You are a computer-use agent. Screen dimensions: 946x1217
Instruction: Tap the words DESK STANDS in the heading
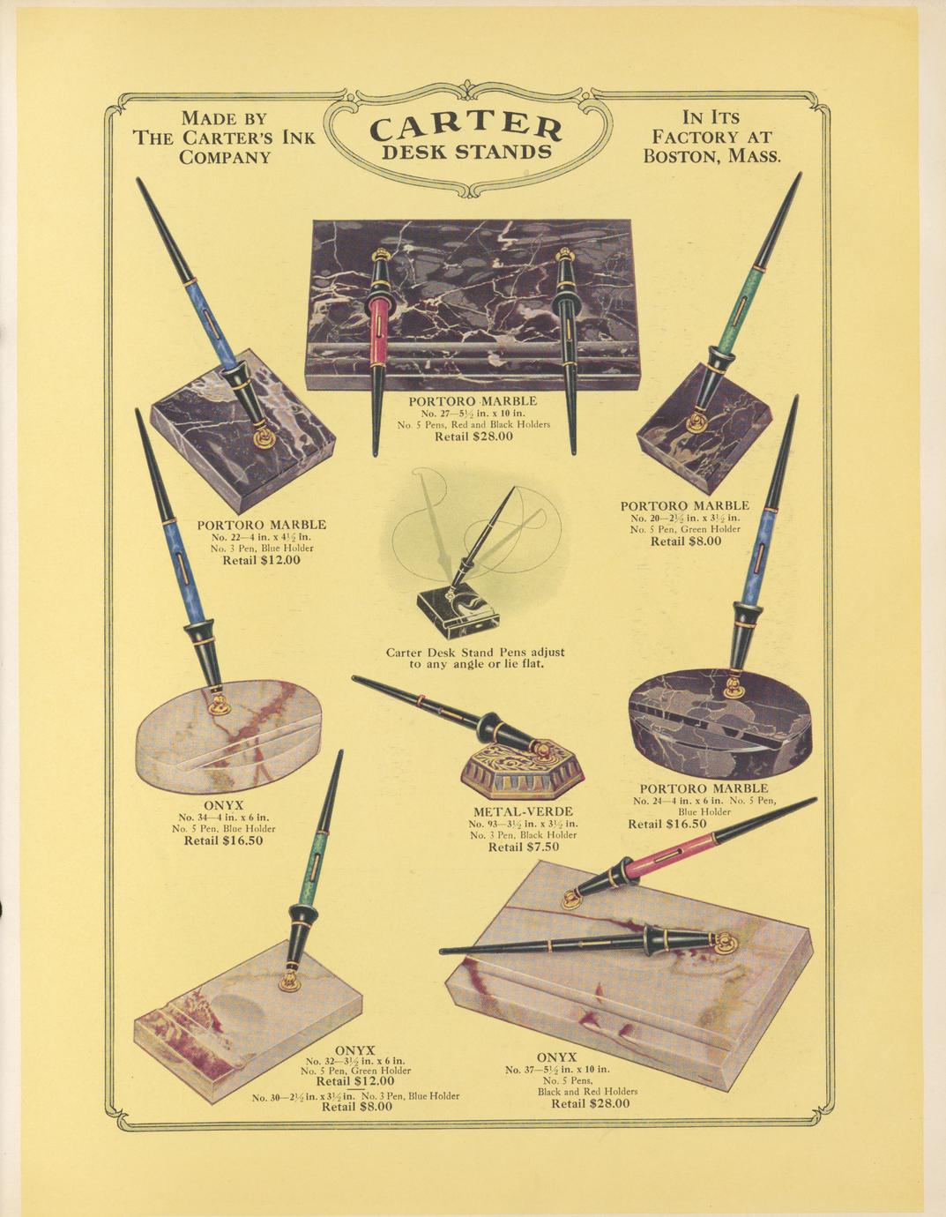click(466, 153)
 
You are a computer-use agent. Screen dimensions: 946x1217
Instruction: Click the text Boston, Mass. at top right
click(711, 156)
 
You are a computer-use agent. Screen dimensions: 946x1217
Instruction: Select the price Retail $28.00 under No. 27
click(474, 437)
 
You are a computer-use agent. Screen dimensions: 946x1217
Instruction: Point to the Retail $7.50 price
click(524, 847)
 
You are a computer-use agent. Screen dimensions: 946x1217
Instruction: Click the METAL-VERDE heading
click(524, 811)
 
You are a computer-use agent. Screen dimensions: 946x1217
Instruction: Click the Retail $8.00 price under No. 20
click(686, 541)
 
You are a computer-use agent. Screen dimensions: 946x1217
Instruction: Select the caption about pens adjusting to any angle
click(475, 658)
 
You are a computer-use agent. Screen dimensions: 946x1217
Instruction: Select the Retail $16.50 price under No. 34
click(224, 840)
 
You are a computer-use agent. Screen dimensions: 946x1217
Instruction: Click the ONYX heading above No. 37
click(556, 1056)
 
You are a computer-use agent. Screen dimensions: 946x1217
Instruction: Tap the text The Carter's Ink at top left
click(224, 138)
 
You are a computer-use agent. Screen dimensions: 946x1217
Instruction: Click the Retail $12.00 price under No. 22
click(262, 559)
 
